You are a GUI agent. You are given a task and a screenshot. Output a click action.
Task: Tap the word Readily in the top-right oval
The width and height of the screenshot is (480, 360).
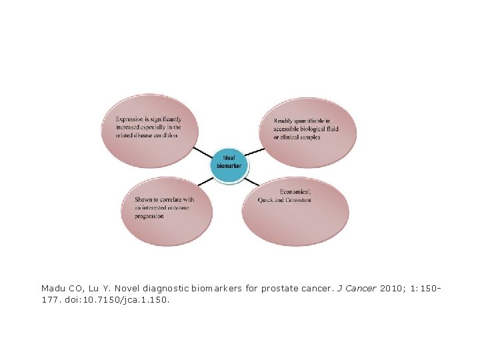(283, 121)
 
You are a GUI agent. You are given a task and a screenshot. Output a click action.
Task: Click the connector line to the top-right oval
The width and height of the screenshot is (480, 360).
(255, 151)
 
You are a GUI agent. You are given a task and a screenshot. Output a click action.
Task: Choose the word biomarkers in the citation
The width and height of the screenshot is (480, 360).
(220, 289)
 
